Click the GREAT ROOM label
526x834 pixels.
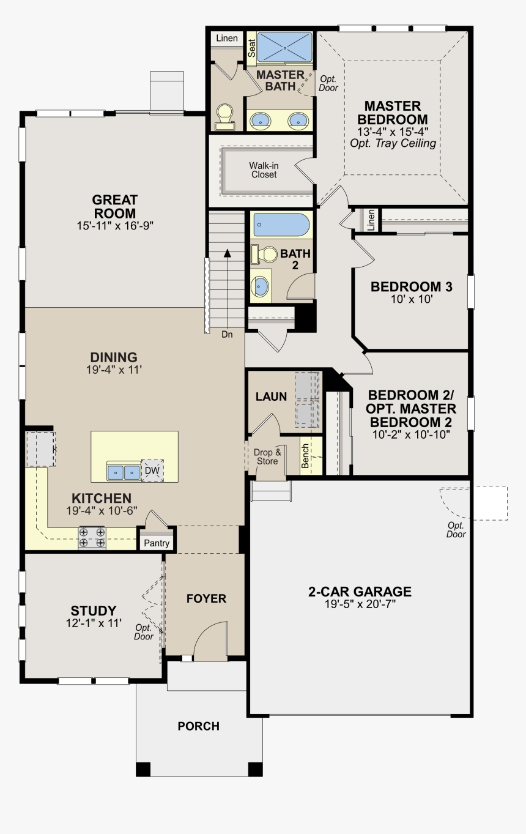114,207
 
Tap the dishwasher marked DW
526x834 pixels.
152,471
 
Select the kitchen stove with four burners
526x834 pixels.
92,538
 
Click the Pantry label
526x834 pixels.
157,543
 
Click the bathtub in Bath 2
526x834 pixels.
281,225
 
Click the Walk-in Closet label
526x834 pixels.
264,170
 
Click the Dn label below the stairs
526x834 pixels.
227,334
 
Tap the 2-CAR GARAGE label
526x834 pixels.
360,592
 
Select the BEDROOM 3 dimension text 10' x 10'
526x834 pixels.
412,299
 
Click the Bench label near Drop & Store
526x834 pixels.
305,456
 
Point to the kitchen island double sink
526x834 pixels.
124,472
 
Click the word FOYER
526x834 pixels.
206,598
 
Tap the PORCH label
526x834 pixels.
198,726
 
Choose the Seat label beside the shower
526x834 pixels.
252,48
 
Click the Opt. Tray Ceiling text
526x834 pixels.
393,143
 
